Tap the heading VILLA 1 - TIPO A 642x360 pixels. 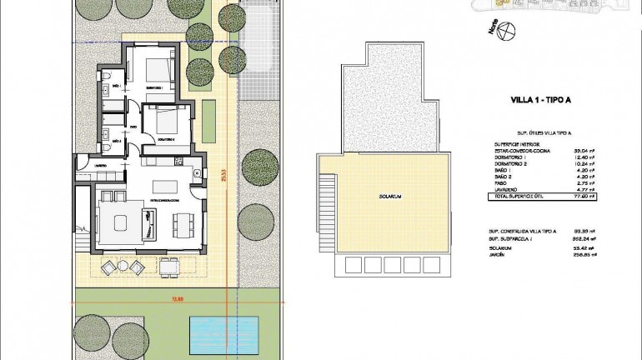539,100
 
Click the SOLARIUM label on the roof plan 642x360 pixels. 390,197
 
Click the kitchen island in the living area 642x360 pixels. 168,184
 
